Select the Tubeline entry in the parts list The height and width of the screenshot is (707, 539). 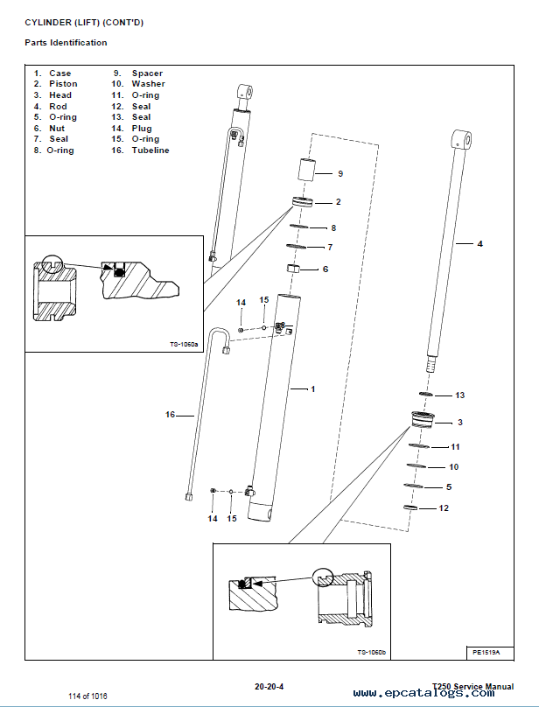[150, 150]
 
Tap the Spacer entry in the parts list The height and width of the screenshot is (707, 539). [147, 73]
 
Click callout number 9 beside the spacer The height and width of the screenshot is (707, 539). [340, 174]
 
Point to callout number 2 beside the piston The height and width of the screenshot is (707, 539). [338, 202]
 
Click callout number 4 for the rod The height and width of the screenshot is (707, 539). [479, 244]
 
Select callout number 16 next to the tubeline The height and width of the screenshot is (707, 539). [171, 414]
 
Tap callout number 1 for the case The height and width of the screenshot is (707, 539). [312, 388]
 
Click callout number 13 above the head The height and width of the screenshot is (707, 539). [459, 395]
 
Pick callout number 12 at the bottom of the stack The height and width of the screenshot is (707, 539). [444, 508]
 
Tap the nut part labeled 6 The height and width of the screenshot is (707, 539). [296, 269]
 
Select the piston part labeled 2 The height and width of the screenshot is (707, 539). [303, 203]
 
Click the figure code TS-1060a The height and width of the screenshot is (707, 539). [185, 345]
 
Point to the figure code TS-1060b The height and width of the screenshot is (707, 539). [373, 652]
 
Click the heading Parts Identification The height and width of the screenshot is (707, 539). [66, 43]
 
